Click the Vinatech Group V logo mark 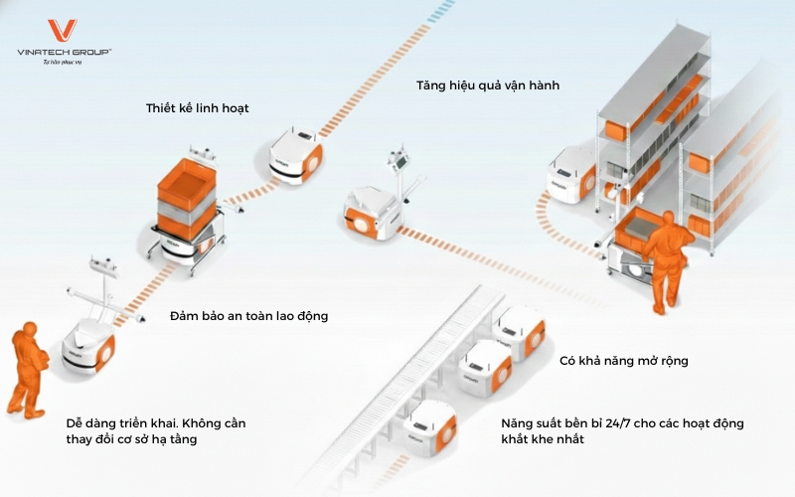point(63,31)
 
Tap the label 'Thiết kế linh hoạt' point(197,107)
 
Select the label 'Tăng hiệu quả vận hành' point(488,85)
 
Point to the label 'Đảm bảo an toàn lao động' point(248,316)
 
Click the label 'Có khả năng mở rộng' point(624,360)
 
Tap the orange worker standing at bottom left point(25,368)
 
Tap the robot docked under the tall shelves point(567,177)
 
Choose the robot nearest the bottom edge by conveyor point(428,428)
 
